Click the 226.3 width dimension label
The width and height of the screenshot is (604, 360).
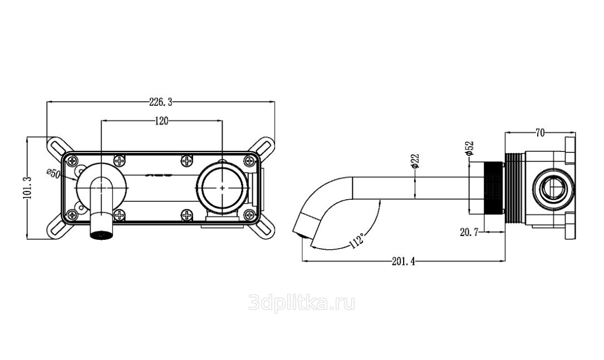pos(160,102)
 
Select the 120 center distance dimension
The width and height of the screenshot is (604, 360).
pos(161,121)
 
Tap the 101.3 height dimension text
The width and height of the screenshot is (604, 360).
pos(27,187)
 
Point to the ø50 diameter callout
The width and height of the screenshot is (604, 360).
pos(53,173)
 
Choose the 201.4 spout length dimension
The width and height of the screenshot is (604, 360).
pos(403,262)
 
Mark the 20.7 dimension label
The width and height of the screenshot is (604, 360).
pos(469,232)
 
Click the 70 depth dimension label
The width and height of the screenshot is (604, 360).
pos(539,133)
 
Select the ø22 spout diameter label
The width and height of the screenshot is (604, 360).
pos(415,161)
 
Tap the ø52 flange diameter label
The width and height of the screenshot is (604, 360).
pos(469,148)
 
